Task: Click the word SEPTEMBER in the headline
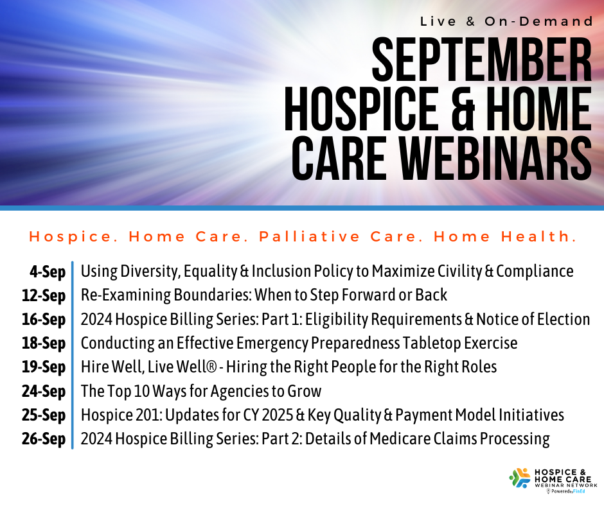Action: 482,60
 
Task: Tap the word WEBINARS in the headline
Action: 495,159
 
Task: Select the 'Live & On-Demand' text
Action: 506,21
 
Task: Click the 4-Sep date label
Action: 48,272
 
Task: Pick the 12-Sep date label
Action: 44,296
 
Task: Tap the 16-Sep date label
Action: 44,320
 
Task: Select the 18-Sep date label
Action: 44,344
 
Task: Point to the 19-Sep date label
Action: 44,367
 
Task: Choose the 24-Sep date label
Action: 44,391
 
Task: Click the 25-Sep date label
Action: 44,415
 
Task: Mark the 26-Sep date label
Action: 44,439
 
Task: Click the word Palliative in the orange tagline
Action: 310,236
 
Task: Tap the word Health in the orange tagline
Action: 539,236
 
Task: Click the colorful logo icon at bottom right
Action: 520,478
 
